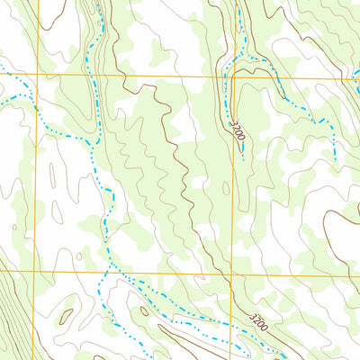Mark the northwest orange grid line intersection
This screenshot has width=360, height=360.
pyautogui.click(x=37, y=75)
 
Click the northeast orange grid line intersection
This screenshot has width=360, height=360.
pyautogui.click(x=230, y=77)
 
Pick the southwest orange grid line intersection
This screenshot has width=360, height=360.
pyautogui.click(x=34, y=271)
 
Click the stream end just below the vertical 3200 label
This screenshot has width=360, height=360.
pyautogui.click(x=243, y=159)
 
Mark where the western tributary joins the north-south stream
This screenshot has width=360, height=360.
pyautogui.click(x=94, y=139)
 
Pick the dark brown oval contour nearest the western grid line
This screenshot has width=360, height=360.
pyautogui.click(x=66, y=315)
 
